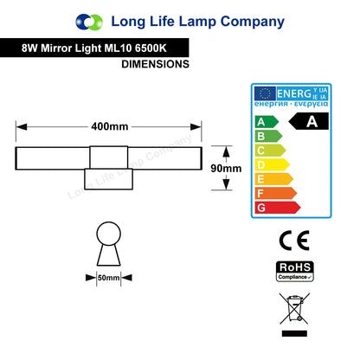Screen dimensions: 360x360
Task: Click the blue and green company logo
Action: point(89,22)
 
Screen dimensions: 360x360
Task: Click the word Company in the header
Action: point(253,22)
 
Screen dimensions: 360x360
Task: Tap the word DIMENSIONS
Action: point(155,64)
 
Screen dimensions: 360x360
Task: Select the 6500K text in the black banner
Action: point(151,48)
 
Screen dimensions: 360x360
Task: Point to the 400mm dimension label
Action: point(110,126)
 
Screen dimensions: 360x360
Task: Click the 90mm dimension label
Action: point(226,168)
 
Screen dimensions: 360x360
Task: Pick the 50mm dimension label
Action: point(108,278)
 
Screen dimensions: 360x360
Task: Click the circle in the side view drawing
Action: point(108,234)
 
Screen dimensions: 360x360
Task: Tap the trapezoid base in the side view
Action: point(108,255)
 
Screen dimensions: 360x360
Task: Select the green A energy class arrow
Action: point(267,122)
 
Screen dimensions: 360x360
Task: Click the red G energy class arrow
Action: point(278,208)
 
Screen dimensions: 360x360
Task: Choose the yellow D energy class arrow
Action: point(272,164)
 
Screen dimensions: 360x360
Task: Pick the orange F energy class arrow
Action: point(276,193)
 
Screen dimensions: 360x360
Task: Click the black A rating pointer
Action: point(308,121)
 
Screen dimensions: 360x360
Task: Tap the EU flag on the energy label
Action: point(265,93)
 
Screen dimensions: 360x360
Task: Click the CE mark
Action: point(294,241)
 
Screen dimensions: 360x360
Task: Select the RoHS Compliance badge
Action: point(295,271)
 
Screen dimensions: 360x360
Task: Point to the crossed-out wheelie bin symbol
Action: point(294,308)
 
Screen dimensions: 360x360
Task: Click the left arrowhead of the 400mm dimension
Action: point(22,127)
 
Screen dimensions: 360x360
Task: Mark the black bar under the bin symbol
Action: point(294,333)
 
